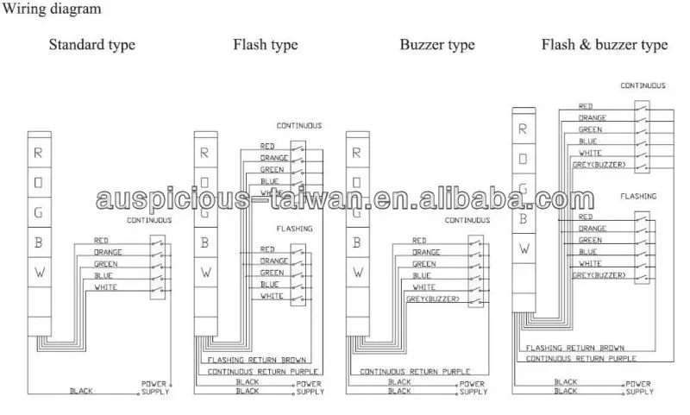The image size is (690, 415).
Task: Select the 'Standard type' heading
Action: (91, 45)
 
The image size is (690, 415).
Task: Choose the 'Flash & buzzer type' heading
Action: (604, 45)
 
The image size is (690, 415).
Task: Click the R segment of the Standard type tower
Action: (38, 153)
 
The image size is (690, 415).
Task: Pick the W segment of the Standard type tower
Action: (38, 272)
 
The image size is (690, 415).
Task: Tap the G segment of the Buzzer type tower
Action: (356, 211)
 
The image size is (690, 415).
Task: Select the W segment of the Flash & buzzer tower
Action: (523, 248)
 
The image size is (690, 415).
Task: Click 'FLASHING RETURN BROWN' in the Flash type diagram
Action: (247, 359)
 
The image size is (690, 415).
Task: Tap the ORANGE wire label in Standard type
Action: (108, 252)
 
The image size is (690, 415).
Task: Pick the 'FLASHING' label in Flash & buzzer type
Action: (638, 197)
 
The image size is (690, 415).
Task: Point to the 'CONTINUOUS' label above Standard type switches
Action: (149, 221)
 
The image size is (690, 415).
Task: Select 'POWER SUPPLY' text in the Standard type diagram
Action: (155, 387)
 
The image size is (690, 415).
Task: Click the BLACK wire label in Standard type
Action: (82, 391)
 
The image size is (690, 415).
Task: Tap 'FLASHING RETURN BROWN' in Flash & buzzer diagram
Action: (574, 347)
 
